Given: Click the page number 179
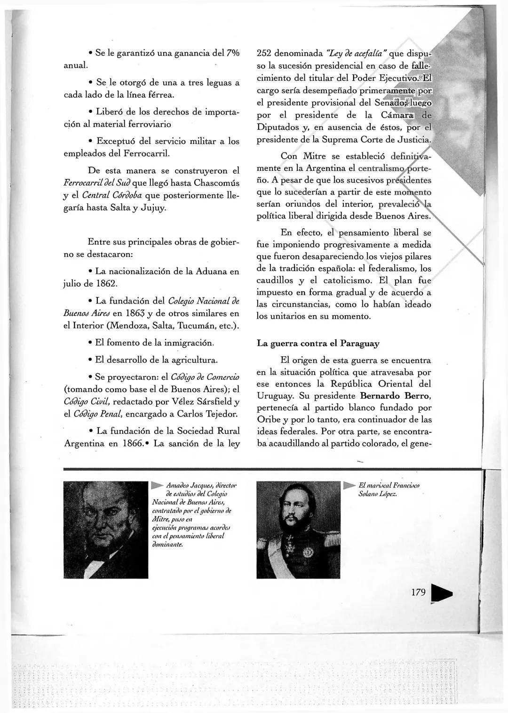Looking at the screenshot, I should (418, 592).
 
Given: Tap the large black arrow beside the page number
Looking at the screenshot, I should (441, 594).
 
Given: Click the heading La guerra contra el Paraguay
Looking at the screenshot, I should (318, 344).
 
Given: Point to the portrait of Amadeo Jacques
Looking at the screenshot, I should (106, 529).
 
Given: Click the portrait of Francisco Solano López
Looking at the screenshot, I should (298, 529).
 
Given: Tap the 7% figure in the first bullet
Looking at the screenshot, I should (231, 53).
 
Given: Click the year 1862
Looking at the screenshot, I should (106, 284).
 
